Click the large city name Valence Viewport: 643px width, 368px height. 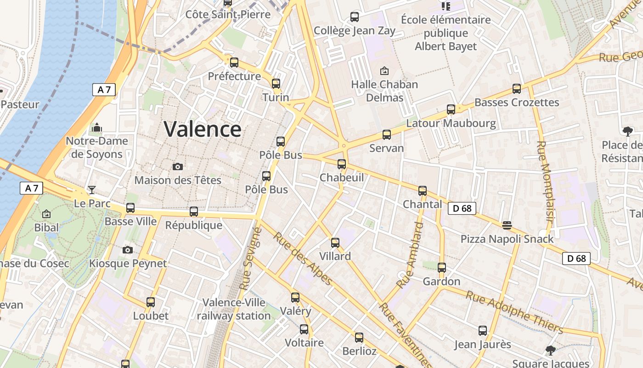click(203, 129)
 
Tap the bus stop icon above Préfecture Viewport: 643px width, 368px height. click(234, 63)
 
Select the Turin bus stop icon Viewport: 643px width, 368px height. click(276, 84)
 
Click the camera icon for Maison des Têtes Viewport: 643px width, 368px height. click(178, 167)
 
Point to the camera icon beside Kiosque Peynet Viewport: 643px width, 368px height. click(128, 250)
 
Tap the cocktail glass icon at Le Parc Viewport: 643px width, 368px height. click(92, 190)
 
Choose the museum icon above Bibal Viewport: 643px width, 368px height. click(46, 214)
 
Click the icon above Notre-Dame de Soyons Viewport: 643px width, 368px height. click(97, 127)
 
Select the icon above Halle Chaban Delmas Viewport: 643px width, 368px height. click(384, 71)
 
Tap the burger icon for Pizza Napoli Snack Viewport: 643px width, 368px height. click(507, 225)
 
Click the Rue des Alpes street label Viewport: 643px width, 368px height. click(303, 258)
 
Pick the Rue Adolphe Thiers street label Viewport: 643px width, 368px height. click(514, 311)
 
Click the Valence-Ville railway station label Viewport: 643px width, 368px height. click(234, 309)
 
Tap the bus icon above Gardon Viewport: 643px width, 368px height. click(442, 268)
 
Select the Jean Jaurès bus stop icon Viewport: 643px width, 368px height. click(483, 331)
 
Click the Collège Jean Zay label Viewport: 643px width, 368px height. click(355, 31)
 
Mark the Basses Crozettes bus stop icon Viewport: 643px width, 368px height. click(517, 89)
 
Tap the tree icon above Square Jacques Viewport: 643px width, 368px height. click(550, 351)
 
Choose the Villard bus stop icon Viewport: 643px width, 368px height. click(335, 243)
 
